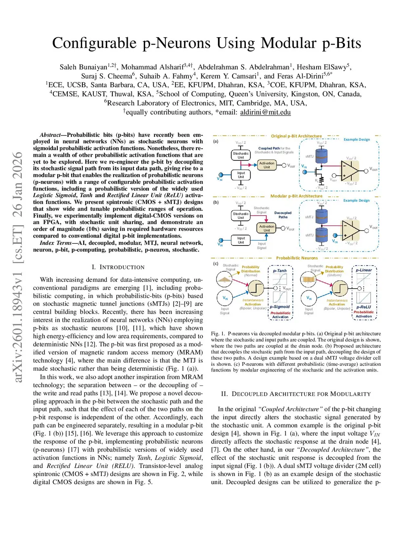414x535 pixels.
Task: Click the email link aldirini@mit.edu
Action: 265,112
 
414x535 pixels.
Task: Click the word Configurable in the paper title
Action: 95,43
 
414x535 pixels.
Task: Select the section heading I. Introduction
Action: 118,267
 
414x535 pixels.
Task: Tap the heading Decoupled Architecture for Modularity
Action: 296,394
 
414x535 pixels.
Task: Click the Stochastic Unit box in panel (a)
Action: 241,155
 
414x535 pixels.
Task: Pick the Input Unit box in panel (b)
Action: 241,240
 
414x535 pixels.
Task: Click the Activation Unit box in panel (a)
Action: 267,165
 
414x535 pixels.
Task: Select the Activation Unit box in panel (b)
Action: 267,228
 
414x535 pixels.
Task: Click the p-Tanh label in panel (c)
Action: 280,271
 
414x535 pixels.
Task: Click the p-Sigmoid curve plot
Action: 280,297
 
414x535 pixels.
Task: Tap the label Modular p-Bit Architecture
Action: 296,196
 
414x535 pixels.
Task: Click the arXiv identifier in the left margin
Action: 17,266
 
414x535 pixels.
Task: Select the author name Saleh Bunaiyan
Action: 83,67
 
